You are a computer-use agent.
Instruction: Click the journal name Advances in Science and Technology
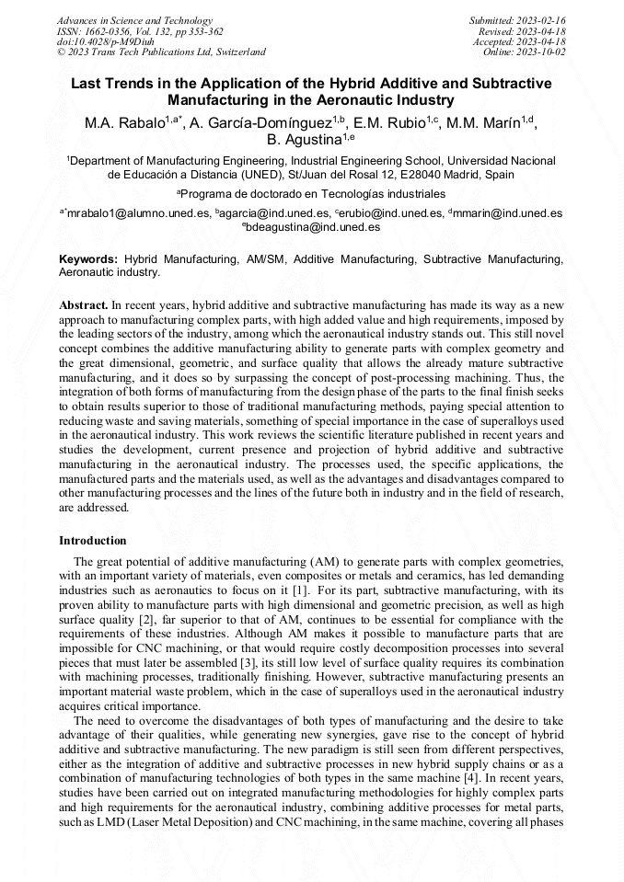click(x=134, y=20)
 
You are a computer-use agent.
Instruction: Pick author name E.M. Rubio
click(x=390, y=122)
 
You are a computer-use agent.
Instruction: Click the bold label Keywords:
click(x=88, y=260)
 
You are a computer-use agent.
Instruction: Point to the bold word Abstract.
click(x=83, y=304)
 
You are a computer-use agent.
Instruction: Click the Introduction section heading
click(x=93, y=541)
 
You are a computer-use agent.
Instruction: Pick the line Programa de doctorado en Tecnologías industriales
click(x=311, y=194)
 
